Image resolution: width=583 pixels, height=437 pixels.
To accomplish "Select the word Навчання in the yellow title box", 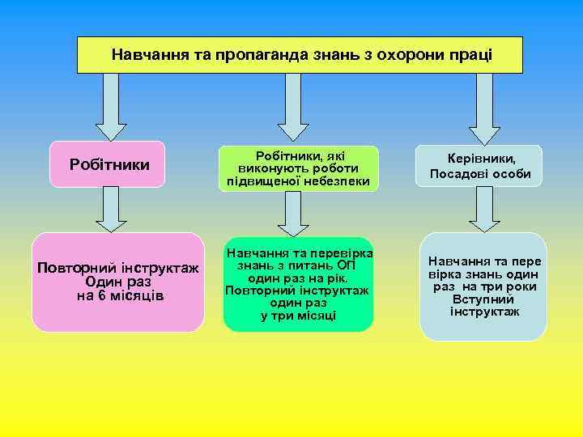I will (147, 55).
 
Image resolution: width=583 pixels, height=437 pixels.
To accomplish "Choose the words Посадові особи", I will (481, 174).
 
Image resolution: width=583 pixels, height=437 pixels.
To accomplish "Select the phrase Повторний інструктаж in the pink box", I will (118, 268).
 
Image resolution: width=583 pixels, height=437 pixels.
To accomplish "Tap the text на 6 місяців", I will (119, 295).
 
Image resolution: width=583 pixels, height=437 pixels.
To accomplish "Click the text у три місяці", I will (298, 316).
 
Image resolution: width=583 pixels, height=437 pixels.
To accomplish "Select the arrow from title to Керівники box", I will (484, 108).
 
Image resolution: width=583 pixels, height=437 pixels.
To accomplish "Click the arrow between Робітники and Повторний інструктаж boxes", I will (111, 214).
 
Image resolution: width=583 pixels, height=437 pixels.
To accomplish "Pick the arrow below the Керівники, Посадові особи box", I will (484, 210).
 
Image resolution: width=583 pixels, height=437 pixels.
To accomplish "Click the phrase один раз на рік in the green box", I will (298, 278).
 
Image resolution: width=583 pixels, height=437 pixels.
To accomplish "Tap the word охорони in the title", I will (397, 55).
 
